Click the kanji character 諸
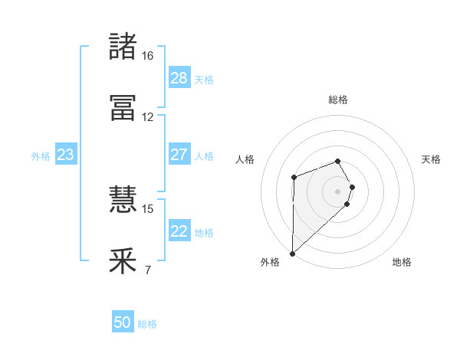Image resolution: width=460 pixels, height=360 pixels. [123, 46]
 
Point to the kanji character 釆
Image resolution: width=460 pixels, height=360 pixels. [123, 261]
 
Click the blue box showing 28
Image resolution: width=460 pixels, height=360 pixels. [179, 78]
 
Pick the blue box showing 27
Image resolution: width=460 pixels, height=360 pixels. [179, 155]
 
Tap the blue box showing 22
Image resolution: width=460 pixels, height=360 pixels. [179, 231]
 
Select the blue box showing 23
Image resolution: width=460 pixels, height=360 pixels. [66, 155]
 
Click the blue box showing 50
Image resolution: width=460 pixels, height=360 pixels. [123, 322]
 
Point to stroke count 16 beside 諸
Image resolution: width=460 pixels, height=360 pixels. [147, 56]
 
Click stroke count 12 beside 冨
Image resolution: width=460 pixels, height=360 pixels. [147, 117]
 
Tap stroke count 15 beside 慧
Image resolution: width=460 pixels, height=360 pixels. [147, 208]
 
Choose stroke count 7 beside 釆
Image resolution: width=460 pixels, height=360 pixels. [147, 270]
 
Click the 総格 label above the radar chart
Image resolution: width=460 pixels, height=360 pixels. [338, 100]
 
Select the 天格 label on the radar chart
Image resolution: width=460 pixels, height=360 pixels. [431, 159]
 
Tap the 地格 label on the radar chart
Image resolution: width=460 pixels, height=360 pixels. [402, 262]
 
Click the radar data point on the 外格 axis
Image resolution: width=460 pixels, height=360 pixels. [292, 254]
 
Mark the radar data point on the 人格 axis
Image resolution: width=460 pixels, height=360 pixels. [294, 178]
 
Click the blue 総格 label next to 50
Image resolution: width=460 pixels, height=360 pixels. [147, 324]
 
